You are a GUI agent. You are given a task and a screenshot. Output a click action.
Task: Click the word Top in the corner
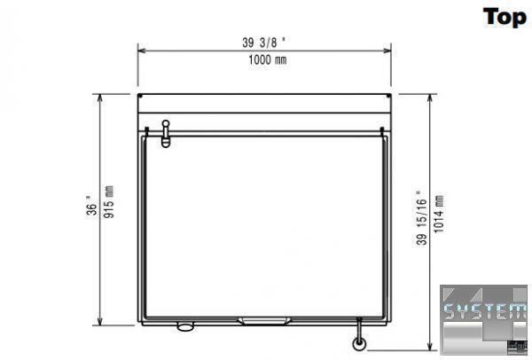505,18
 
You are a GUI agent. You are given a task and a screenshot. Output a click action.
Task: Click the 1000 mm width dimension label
268,60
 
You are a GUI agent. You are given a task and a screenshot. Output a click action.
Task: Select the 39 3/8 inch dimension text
263,43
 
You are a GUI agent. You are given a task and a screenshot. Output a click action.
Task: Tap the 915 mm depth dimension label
109,202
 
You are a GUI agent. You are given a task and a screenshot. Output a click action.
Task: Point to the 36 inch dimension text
91,206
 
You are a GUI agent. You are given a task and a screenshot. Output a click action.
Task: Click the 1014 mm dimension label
439,214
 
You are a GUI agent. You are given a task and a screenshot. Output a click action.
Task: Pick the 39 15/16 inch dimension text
421,217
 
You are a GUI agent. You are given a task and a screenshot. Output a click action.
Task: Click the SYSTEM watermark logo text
485,311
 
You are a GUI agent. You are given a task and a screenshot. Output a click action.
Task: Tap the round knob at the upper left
166,123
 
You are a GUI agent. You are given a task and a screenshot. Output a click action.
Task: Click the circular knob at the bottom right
359,343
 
